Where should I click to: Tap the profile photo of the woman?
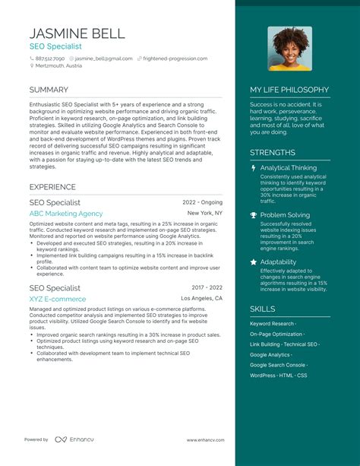[289, 49]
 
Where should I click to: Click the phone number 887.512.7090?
[51, 59]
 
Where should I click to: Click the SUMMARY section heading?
[49, 90]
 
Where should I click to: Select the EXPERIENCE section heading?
[52, 187]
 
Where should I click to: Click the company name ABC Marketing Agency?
[66, 214]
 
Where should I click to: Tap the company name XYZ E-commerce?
[58, 299]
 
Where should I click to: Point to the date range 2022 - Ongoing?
[203, 203]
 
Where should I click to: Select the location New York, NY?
[205, 214]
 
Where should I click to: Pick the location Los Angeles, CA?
[201, 299]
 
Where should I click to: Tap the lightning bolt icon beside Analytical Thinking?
[253, 168]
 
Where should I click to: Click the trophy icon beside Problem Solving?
[253, 215]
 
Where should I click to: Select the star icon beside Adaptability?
[253, 262]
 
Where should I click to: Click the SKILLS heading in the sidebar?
[263, 309]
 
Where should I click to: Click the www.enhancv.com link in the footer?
[205, 440]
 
